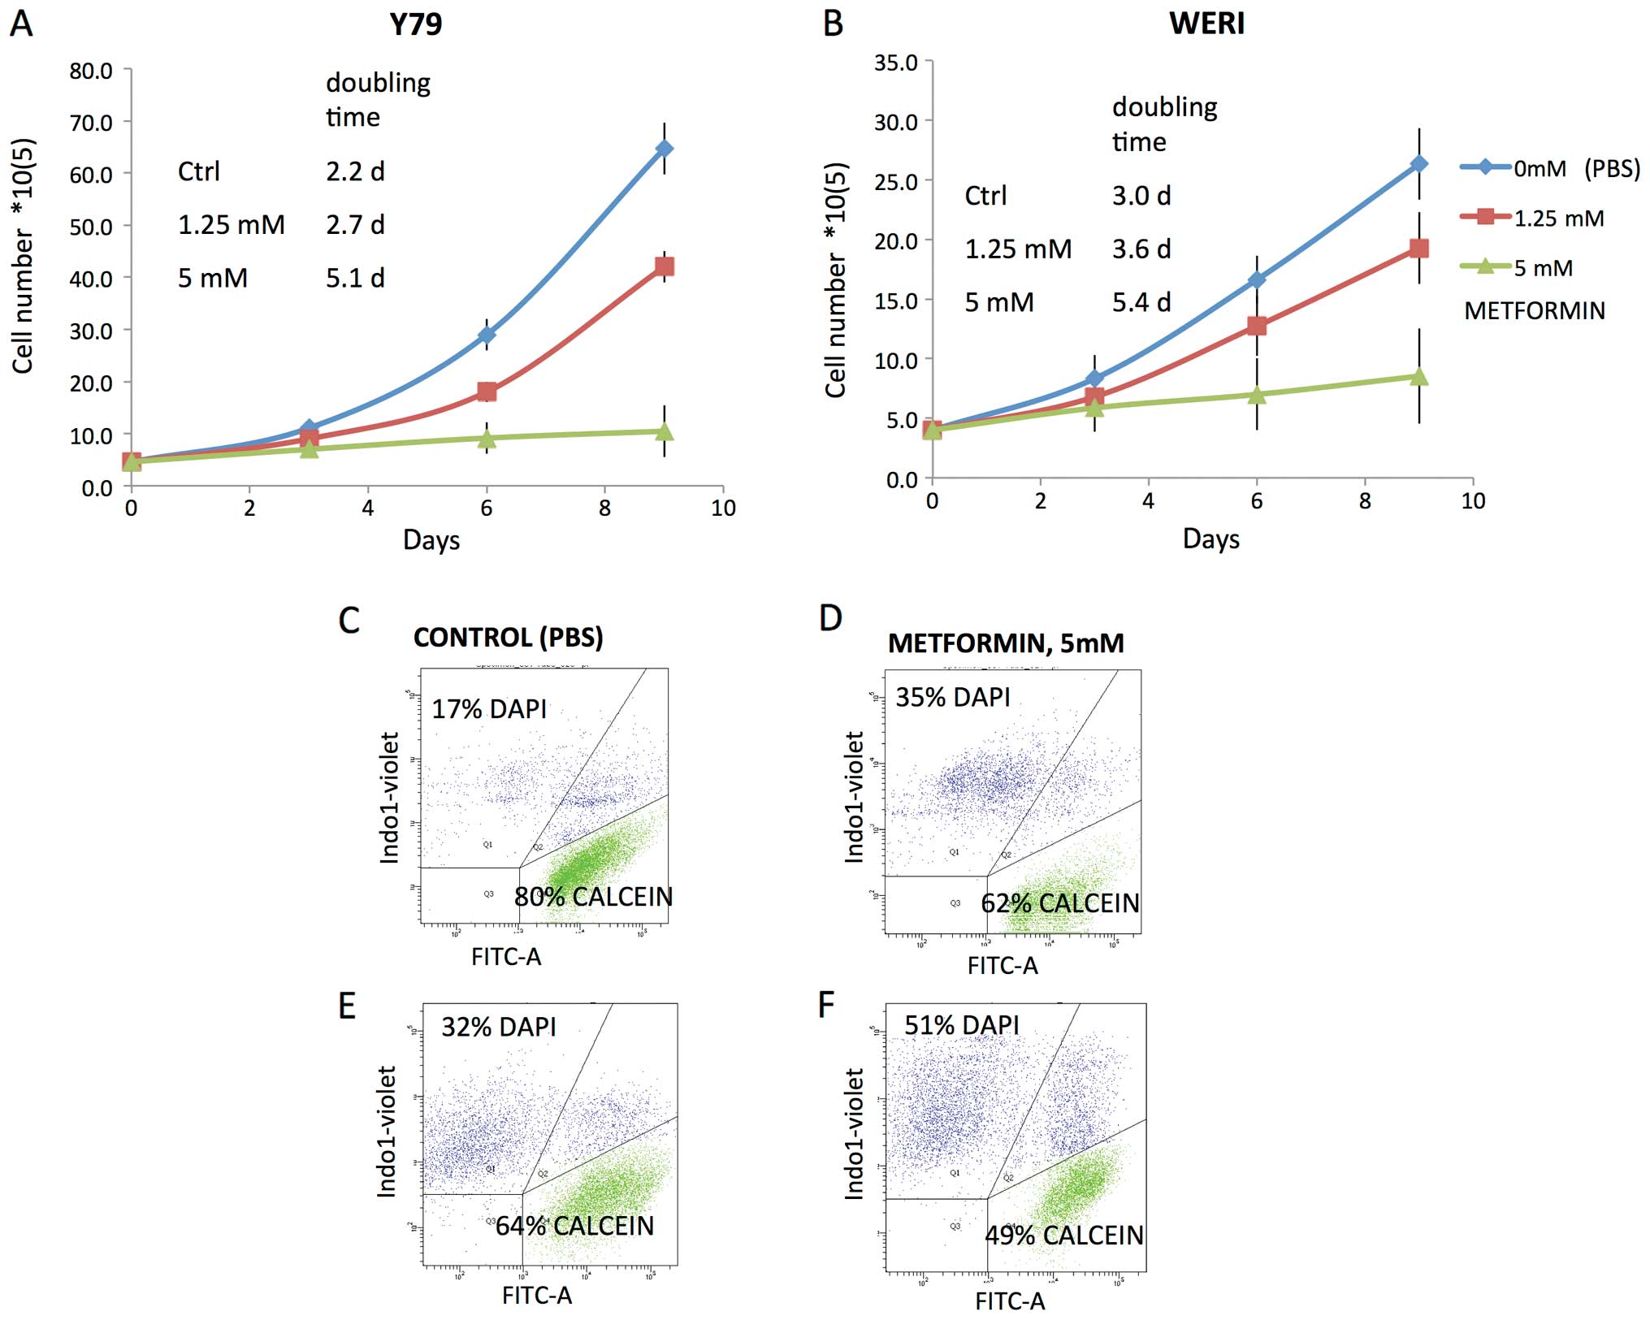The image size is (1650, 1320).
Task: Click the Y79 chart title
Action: [415, 24]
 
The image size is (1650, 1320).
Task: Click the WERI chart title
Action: [1206, 24]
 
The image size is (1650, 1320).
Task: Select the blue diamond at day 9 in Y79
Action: [665, 149]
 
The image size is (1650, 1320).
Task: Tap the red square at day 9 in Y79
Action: [665, 266]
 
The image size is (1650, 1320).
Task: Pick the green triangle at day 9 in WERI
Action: [1419, 377]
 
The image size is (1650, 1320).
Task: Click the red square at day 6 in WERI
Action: [1257, 326]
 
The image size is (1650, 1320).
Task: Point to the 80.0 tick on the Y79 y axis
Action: [91, 71]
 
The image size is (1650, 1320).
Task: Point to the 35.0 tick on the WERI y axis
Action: [896, 63]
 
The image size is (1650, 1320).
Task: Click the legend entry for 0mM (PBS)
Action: [1550, 168]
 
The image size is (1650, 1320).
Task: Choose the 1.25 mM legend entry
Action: [1533, 219]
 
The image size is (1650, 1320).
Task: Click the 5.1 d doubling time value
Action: [355, 279]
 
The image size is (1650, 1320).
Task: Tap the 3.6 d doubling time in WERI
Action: [1141, 249]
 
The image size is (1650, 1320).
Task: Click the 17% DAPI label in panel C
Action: [489, 709]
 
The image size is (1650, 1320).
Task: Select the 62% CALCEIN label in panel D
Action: [1059, 903]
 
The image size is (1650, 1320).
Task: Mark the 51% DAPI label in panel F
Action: [961, 1025]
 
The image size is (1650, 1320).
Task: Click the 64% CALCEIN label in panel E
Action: [574, 1226]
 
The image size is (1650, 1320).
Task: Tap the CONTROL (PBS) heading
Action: [508, 638]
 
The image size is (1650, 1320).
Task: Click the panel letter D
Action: [830, 618]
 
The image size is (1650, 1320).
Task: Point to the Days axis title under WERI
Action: [1210, 539]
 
